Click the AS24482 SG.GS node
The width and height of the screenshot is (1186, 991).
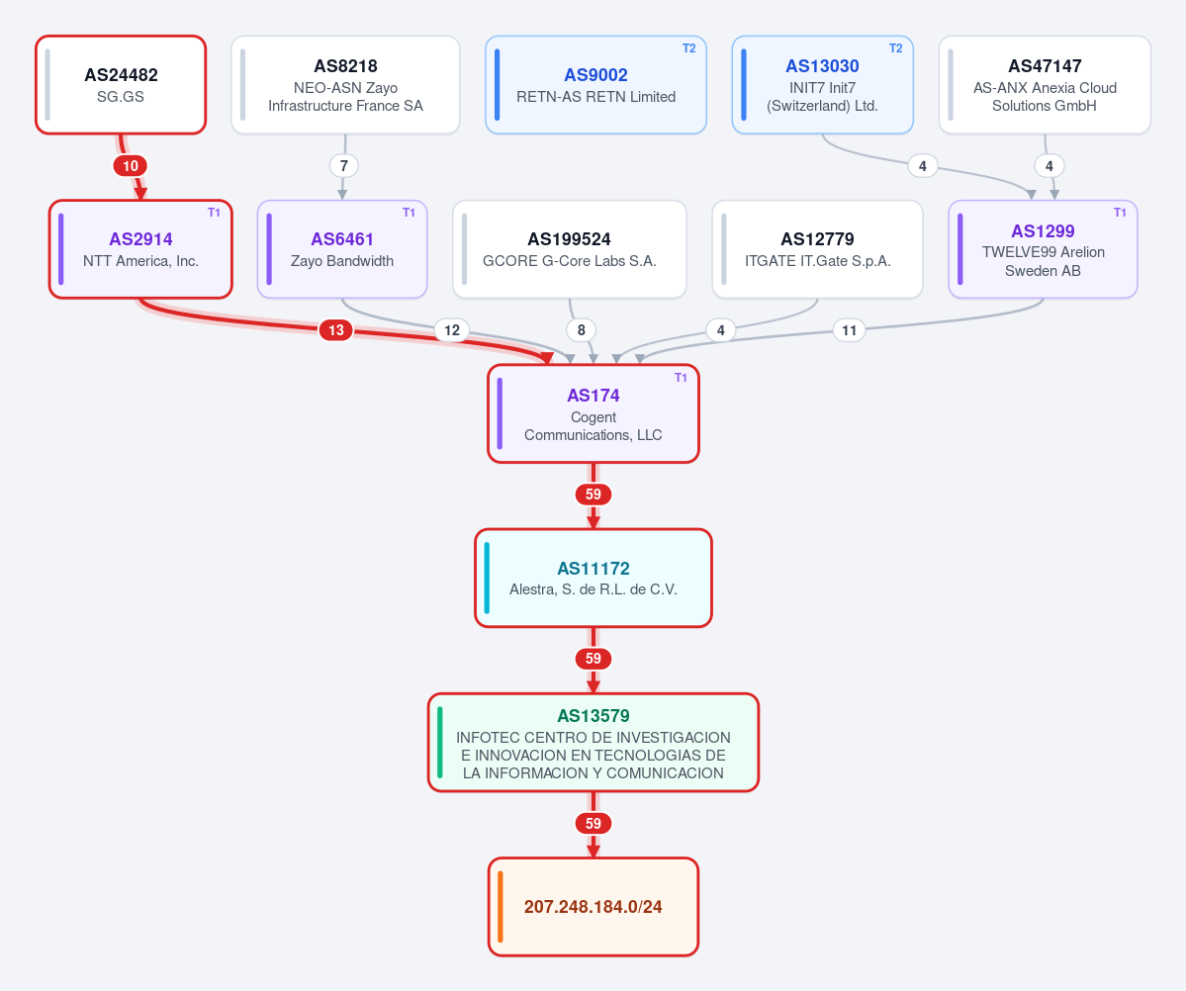point(121,85)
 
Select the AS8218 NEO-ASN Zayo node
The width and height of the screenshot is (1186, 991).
point(345,85)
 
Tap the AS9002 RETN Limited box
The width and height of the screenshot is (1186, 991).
point(596,85)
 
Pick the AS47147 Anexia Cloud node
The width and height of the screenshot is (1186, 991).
point(1045,85)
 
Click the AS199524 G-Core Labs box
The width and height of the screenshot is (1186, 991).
point(570,249)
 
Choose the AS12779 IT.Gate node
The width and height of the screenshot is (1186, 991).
point(818,249)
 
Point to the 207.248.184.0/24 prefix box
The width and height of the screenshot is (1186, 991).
point(593,906)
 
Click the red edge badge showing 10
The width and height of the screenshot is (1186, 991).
point(131,166)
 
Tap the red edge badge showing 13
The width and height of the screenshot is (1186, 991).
point(336,329)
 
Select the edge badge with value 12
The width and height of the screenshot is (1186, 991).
point(452,329)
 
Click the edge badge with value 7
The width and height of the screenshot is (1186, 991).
point(344,166)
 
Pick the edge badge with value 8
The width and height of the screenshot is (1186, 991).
point(581,329)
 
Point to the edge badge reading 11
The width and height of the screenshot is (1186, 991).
point(850,329)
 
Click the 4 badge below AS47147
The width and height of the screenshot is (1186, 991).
point(1049,166)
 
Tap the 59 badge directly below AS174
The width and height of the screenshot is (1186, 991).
point(593,494)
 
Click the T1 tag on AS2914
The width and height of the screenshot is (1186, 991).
point(214,213)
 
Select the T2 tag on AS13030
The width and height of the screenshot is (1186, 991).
point(895,48)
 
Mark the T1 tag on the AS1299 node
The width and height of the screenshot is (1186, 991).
point(1120,213)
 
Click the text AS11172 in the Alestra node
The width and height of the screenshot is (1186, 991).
point(593,568)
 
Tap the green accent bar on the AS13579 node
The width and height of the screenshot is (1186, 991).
point(440,743)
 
